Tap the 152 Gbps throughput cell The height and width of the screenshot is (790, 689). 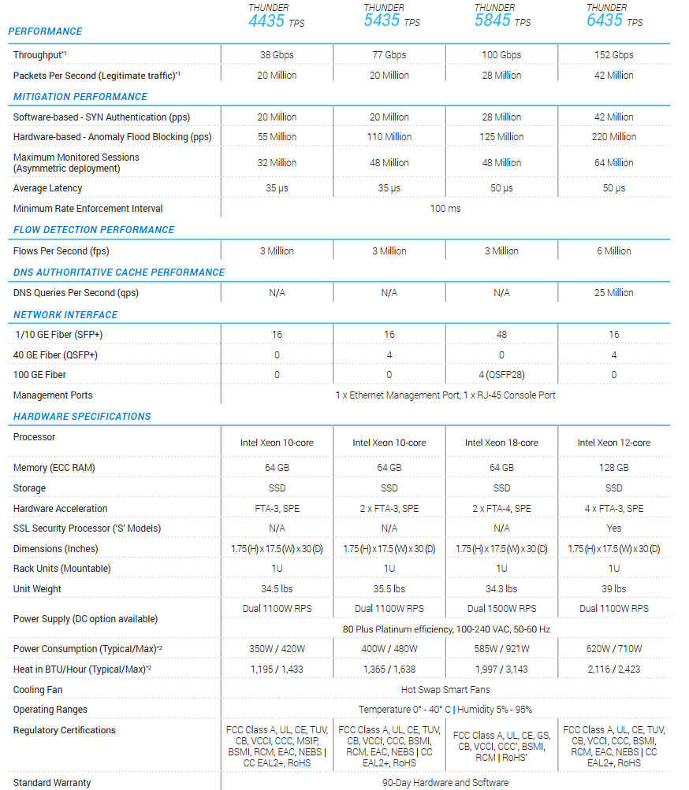[x=614, y=55]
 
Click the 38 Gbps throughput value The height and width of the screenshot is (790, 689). [x=277, y=55]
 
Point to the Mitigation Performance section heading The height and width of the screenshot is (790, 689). [x=80, y=97]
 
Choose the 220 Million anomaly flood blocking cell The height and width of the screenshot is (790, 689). [x=614, y=137]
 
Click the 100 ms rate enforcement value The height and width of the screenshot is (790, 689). [x=445, y=209]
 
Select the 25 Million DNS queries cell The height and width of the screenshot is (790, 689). [x=614, y=293]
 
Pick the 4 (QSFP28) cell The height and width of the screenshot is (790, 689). [x=501, y=375]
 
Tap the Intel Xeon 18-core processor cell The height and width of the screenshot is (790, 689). [x=501, y=443]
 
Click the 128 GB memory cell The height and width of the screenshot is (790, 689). [x=614, y=468]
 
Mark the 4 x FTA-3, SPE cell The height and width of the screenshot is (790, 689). [x=614, y=509]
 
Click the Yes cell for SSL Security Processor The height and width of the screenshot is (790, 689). [x=614, y=529]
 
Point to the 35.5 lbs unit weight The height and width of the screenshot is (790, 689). [x=389, y=589]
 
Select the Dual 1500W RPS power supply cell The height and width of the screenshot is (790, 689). [x=501, y=609]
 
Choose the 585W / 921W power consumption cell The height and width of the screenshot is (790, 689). [x=501, y=649]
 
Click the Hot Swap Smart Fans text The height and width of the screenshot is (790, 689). [x=445, y=690]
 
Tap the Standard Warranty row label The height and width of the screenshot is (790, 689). [x=52, y=783]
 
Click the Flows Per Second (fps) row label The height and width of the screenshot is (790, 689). [x=61, y=251]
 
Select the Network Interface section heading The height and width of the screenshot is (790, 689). [x=65, y=315]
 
